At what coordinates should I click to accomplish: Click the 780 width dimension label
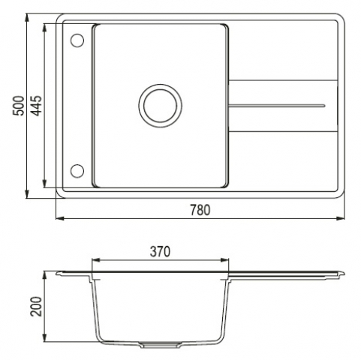(200, 210)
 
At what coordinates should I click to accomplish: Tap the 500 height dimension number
(19, 106)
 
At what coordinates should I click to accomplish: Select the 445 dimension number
(37, 106)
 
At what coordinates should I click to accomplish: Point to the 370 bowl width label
(160, 251)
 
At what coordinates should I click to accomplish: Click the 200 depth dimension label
(37, 307)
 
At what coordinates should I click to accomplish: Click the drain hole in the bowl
(161, 106)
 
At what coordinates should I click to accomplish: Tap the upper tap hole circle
(77, 40)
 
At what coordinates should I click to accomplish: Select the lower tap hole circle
(77, 171)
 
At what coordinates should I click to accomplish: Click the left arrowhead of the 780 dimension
(59, 218)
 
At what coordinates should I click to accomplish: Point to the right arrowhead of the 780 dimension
(341, 218)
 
